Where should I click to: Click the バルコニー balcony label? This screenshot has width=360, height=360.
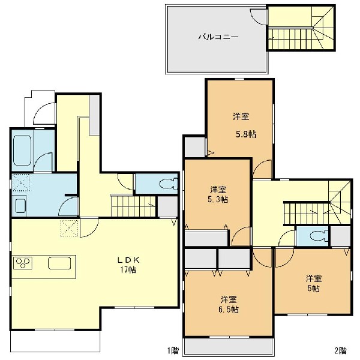218,37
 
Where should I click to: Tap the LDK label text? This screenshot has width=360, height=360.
128,260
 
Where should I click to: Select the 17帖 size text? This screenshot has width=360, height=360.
128,269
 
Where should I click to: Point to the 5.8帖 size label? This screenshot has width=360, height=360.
246,134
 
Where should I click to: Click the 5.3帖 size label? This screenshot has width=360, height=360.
218,200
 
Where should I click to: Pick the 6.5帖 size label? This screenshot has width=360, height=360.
229,309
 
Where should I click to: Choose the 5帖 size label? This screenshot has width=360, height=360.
314,289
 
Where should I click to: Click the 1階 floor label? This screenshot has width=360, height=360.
173,350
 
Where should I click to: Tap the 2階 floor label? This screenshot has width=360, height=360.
340,350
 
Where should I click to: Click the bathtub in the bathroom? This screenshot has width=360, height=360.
22,150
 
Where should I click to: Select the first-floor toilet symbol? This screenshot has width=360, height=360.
168,184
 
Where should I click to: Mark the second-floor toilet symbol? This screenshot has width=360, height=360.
319,236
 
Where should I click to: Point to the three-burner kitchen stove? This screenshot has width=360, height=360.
23,263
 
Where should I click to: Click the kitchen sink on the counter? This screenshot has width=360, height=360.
59,263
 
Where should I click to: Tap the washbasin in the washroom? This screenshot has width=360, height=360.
20,206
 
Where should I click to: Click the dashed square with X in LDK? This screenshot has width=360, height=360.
69,228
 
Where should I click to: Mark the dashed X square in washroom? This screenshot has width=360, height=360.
21,182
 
